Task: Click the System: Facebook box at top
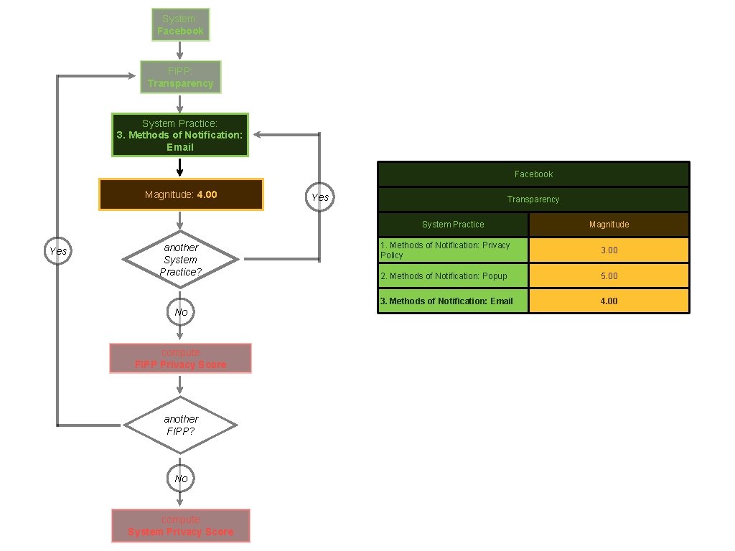181,25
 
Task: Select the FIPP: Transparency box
180,77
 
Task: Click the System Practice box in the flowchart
179,135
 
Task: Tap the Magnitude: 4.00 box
181,194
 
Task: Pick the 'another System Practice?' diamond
180,259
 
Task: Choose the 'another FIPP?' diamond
180,425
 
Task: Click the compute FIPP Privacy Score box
180,359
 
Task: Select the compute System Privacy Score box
180,526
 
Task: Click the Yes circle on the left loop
58,251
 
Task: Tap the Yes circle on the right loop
319,197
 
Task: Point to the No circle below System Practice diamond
180,312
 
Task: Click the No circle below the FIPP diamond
180,478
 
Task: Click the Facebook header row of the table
533,174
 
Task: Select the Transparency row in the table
533,199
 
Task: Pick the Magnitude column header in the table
609,225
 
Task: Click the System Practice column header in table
453,225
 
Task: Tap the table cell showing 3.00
609,250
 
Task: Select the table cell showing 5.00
609,276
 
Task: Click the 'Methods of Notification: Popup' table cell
453,276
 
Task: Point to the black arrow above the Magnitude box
179,167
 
